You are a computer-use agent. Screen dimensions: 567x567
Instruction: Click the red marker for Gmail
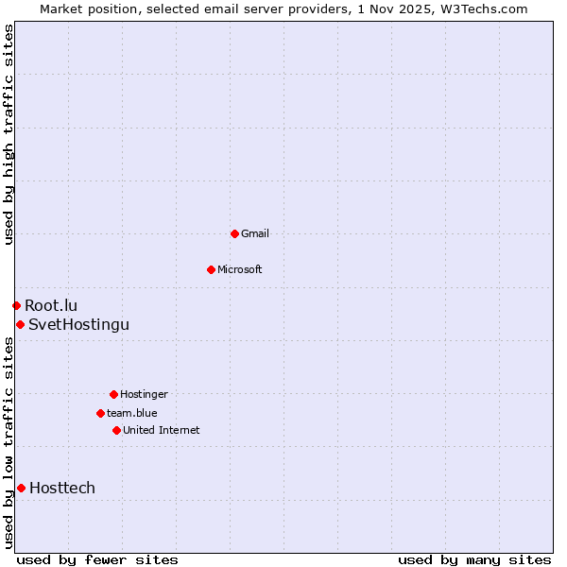click(234, 233)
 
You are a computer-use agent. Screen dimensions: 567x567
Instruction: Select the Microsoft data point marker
click(211, 269)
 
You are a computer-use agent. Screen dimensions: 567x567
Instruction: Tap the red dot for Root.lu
click(16, 305)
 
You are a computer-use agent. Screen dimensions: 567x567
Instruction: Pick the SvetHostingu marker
click(20, 324)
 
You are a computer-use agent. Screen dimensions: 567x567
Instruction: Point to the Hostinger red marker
click(113, 394)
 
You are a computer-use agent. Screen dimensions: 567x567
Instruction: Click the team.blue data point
click(100, 413)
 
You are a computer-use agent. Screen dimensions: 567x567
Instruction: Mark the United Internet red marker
click(116, 430)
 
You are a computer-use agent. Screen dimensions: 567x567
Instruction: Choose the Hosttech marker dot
click(21, 488)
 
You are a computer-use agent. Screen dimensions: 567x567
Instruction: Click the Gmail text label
click(255, 233)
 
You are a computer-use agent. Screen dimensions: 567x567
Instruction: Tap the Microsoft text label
click(240, 269)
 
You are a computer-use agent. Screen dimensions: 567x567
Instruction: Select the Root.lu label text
click(51, 305)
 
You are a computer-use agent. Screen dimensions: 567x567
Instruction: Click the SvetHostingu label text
click(78, 324)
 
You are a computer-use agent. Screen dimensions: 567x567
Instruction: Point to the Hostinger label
click(144, 394)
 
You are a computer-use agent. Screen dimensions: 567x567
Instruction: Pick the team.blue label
click(132, 413)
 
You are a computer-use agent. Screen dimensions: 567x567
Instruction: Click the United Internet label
click(162, 430)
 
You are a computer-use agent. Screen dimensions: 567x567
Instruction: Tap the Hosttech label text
click(62, 488)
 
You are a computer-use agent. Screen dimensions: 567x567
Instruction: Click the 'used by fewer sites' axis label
click(97, 559)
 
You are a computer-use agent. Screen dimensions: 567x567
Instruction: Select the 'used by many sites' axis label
click(474, 559)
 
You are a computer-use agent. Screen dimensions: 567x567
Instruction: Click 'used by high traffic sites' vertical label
click(9, 134)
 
